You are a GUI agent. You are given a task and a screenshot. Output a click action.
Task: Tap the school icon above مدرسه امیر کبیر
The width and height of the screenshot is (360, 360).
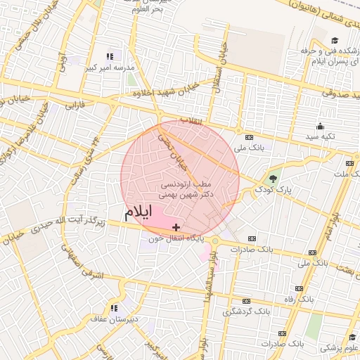pos(110,56)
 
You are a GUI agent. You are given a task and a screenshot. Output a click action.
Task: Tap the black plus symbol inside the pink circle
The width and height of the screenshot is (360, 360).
pos(176,227)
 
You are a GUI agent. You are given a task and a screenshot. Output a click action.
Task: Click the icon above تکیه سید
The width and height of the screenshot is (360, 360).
pos(320,127)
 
